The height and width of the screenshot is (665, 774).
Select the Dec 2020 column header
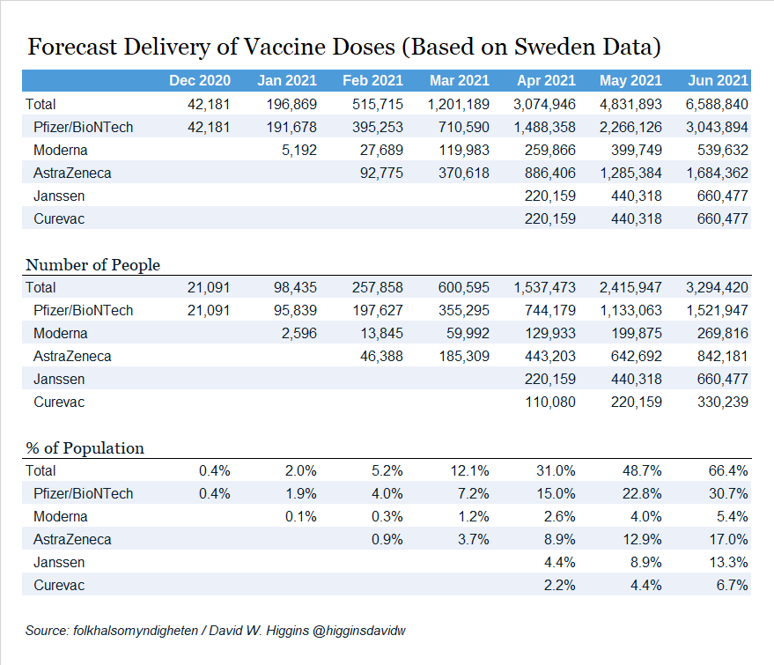pyautogui.click(x=200, y=80)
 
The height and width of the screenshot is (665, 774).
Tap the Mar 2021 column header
pyautogui.click(x=459, y=80)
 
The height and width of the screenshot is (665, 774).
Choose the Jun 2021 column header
pyautogui.click(x=718, y=80)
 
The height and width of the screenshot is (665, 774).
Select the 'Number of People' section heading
pyautogui.click(x=92, y=265)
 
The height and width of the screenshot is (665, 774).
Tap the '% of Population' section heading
pyautogui.click(x=85, y=448)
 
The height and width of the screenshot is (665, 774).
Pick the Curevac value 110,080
pyautogui.click(x=549, y=402)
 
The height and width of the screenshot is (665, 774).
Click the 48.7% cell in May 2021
pyautogui.click(x=644, y=470)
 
